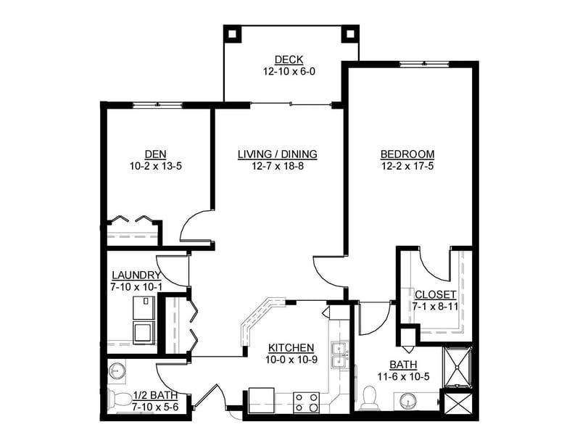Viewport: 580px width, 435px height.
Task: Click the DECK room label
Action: (x=289, y=59)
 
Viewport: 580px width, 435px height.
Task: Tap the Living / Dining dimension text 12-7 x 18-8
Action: (x=278, y=166)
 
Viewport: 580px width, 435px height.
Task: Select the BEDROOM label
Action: (x=407, y=154)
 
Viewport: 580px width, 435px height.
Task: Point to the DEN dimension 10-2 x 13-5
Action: (x=156, y=166)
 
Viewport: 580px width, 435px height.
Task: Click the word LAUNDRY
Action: (x=136, y=275)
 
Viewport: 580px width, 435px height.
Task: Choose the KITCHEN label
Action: (x=291, y=348)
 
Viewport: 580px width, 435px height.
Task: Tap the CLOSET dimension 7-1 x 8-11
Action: (x=436, y=307)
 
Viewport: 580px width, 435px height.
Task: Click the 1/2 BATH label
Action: (x=155, y=395)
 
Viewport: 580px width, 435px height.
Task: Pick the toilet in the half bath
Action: (x=120, y=399)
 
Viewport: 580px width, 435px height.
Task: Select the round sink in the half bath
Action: (x=117, y=370)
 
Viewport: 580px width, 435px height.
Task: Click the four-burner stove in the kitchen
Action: (x=306, y=402)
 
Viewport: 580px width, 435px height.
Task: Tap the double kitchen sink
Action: (x=339, y=355)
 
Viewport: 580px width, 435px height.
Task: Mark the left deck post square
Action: (x=232, y=34)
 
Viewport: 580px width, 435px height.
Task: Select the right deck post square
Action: (x=350, y=34)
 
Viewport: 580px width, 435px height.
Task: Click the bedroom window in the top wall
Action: (x=424, y=64)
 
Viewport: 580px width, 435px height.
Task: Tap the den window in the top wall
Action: (x=157, y=104)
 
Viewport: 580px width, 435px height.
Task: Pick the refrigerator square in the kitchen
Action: (x=262, y=399)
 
